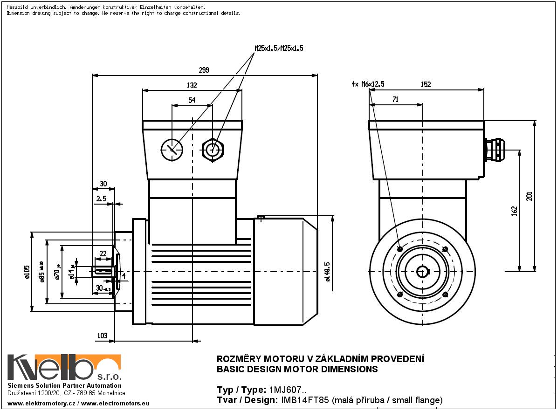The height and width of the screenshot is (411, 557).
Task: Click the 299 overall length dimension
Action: pyautogui.click(x=204, y=70)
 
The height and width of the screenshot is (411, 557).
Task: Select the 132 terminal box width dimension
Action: pyautogui.click(x=192, y=85)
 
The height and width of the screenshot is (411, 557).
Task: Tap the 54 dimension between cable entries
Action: pyautogui.click(x=192, y=100)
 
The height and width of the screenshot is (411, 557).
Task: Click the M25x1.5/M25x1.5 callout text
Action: pyautogui.click(x=279, y=48)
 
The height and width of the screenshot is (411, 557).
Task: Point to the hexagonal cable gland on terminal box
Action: pyautogui.click(x=213, y=149)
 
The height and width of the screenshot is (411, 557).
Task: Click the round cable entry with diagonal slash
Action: pyautogui.click(x=172, y=149)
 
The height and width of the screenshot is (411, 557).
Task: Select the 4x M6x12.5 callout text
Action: pyautogui.click(x=368, y=84)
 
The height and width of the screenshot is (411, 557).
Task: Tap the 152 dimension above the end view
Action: pyautogui.click(x=426, y=84)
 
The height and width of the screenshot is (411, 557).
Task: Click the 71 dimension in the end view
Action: pyautogui.click(x=395, y=99)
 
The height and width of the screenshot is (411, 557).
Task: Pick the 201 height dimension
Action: pyautogui.click(x=529, y=197)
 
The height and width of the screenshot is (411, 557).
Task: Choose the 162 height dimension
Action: pyautogui.click(x=514, y=211)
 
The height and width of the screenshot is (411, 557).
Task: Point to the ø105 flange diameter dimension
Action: pyautogui.click(x=27, y=271)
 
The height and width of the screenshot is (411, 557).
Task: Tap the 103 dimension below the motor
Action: pyautogui.click(x=103, y=336)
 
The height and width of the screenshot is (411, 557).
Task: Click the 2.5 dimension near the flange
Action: pyautogui.click(x=101, y=199)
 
